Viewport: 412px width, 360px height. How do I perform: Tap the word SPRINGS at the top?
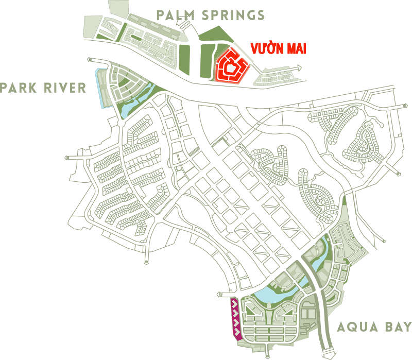click(x=233, y=15)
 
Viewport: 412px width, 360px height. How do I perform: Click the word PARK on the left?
click(x=19, y=88)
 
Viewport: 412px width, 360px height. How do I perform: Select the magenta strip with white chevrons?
click(x=234, y=319)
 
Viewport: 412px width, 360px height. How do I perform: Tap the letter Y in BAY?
click(x=406, y=327)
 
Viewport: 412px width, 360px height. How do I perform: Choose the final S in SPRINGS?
click(x=261, y=15)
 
